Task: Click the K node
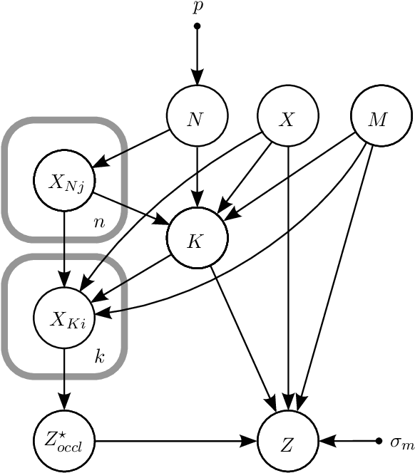[197, 240]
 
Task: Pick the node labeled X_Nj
[65, 180]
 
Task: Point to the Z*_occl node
[65, 442]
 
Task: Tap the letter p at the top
[198, 9]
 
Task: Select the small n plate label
[100, 222]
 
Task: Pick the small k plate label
[100, 357]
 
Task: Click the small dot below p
[198, 26]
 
